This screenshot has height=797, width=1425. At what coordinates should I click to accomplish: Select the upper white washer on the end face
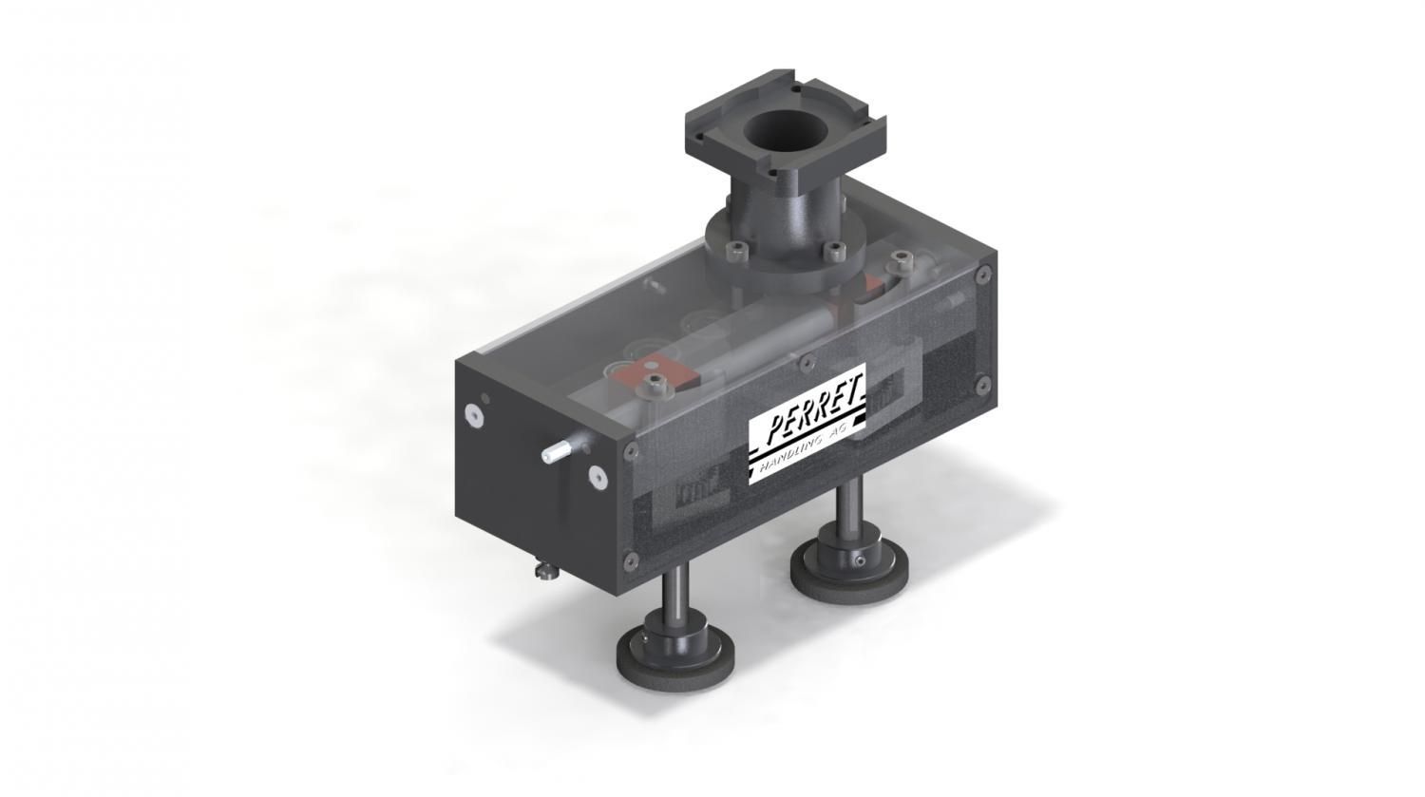474,415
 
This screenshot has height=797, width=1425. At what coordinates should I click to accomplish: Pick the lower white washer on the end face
598,477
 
